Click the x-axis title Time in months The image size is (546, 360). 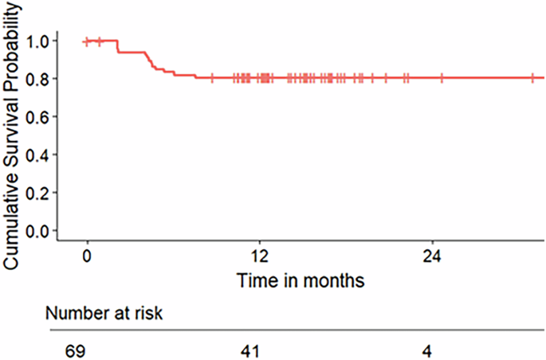300,280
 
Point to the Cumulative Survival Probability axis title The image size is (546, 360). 14,143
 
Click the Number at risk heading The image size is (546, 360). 104,313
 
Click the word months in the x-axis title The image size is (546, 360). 336,280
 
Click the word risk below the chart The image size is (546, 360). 148,313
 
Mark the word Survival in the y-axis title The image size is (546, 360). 14,133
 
